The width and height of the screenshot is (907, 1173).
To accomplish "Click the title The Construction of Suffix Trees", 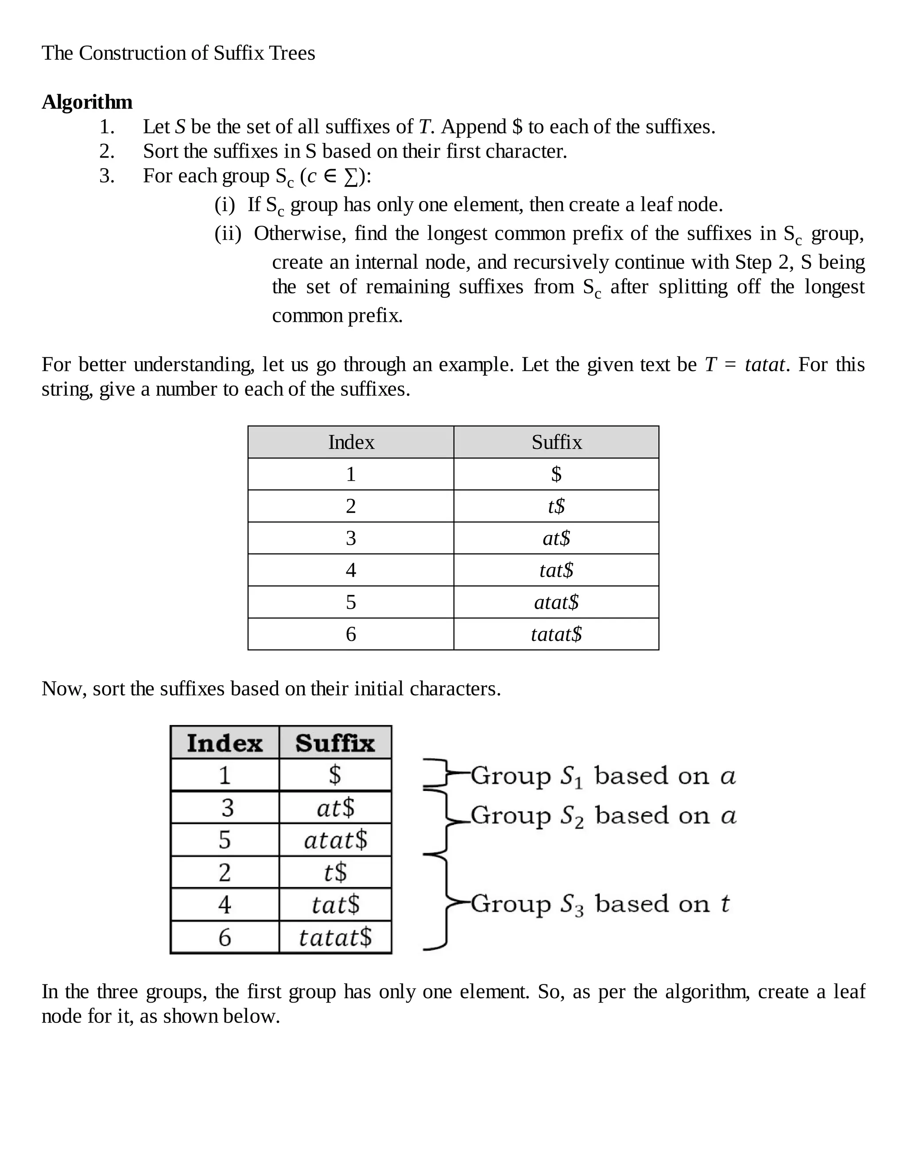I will (178, 53).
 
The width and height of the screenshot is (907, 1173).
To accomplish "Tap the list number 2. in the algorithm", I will (107, 151).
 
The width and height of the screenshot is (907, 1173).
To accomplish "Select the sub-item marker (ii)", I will (228, 234).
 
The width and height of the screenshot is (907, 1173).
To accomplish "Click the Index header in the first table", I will (351, 442).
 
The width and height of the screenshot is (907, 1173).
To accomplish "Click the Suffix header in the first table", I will (557, 442).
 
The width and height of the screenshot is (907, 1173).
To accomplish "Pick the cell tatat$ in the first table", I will (556, 634).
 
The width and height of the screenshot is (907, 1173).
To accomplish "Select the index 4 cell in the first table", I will (351, 570).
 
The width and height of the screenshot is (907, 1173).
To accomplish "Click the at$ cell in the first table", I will (556, 538).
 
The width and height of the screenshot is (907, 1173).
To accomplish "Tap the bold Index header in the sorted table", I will (225, 743).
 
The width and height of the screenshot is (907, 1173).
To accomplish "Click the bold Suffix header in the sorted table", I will (335, 743).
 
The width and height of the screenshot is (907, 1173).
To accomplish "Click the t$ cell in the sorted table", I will (335, 872).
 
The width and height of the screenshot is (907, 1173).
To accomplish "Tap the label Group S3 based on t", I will (600, 904).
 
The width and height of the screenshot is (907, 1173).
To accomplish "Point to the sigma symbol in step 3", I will (350, 177).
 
